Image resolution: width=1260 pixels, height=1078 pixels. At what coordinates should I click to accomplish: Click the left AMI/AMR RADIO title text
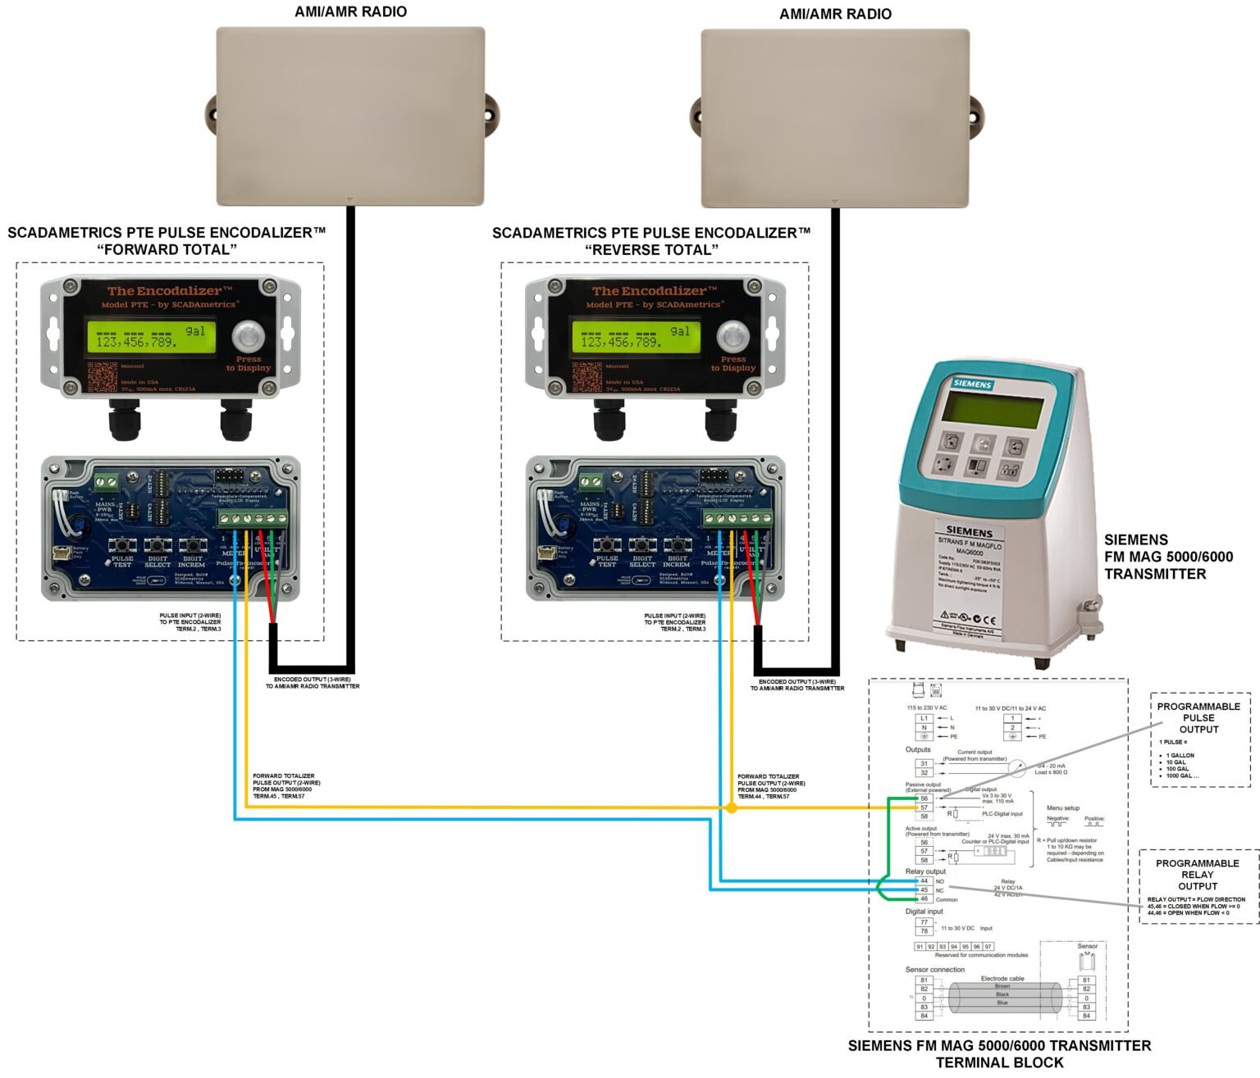pyautogui.click(x=350, y=11)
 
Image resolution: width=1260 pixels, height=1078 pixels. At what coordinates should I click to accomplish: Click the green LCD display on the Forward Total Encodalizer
pyautogui.click(x=152, y=337)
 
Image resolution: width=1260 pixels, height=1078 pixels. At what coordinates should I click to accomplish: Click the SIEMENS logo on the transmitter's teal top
pyautogui.click(x=973, y=384)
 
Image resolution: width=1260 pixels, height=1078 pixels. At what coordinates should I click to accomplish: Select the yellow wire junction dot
pyautogui.click(x=732, y=808)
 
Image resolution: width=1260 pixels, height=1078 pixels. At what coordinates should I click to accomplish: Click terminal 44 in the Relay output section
pyautogui.click(x=924, y=880)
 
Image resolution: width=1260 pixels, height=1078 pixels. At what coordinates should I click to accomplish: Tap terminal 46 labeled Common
pyautogui.click(x=924, y=899)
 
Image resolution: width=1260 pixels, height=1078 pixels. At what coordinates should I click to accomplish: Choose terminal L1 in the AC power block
pyautogui.click(x=924, y=718)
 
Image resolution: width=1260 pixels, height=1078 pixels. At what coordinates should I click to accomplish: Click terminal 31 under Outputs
pyautogui.click(x=924, y=763)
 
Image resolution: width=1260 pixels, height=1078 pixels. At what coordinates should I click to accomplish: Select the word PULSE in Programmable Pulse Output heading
pyautogui.click(x=1198, y=718)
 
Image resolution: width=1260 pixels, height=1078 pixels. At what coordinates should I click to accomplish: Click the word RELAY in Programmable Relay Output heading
pyautogui.click(x=1198, y=875)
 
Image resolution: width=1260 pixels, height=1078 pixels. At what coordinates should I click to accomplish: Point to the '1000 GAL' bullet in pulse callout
pyautogui.click(x=1182, y=776)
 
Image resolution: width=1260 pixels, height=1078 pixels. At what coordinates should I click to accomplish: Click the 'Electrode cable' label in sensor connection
pyautogui.click(x=1002, y=978)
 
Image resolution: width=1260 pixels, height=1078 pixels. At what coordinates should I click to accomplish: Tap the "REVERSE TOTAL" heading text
pyautogui.click(x=651, y=249)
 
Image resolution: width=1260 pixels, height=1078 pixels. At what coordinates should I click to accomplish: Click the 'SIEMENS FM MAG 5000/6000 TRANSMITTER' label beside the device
pyautogui.click(x=1168, y=557)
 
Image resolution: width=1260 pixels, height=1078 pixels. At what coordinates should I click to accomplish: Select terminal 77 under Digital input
pyautogui.click(x=924, y=922)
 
